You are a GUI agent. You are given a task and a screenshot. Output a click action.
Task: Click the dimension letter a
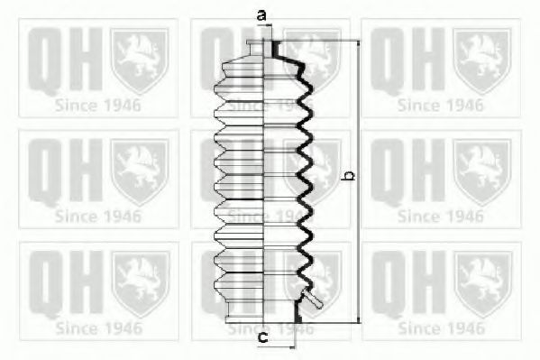(x=261, y=15)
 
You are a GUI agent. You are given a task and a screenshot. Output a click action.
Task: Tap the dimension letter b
(x=350, y=175)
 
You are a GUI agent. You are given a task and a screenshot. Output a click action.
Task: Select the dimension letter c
(x=262, y=338)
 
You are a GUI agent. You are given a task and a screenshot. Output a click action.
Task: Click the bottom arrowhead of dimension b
(x=359, y=320)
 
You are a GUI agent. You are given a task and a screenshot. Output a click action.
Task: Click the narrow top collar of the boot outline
(x=255, y=49)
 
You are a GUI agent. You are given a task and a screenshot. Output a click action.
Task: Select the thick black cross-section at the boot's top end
(x=276, y=50)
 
